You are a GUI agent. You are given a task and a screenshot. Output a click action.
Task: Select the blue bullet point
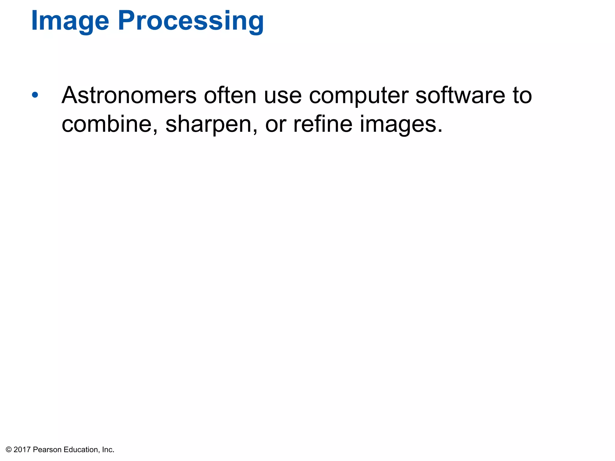pyautogui.click(x=35, y=95)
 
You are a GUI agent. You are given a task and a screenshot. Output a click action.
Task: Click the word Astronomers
pyautogui.click(x=129, y=95)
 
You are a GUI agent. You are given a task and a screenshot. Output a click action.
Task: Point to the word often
pyautogui.click(x=230, y=95)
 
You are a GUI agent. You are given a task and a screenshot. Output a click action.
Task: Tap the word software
pyautogui.click(x=460, y=95)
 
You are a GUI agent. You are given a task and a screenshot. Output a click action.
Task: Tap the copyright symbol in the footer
pyautogui.click(x=9, y=450)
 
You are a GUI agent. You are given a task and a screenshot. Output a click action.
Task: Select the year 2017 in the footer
pyautogui.click(x=22, y=450)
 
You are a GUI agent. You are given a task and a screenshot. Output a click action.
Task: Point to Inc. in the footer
pyautogui.click(x=108, y=450)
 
